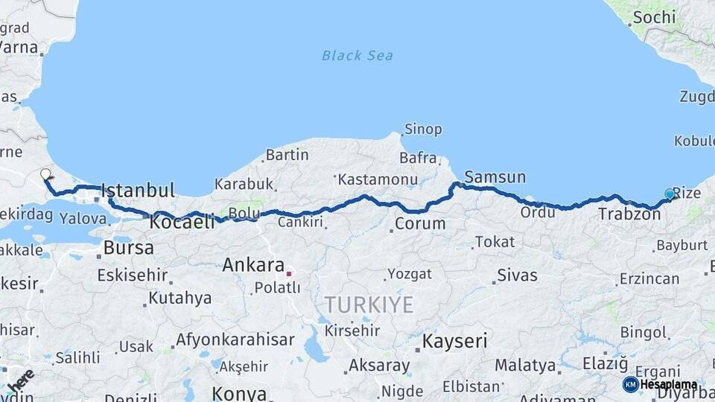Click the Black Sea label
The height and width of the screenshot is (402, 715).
(357, 55)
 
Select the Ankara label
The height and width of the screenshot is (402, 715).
(253, 265)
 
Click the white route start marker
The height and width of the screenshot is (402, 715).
(45, 174)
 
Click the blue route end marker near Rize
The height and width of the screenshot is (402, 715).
(669, 194)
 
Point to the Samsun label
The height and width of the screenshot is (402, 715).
(495, 177)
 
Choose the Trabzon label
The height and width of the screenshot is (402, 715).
(629, 214)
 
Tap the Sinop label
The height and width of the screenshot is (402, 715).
(423, 129)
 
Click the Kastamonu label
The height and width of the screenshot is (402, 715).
(376, 179)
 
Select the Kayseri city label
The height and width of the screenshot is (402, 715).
(454, 342)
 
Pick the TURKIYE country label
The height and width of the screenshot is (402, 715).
(368, 304)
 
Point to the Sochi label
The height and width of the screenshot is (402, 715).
(655, 16)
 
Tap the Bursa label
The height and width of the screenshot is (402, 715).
(128, 247)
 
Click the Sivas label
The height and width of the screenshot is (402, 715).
(517, 275)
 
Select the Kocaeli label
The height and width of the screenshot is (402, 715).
(182, 222)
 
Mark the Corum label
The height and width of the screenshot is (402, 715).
(420, 223)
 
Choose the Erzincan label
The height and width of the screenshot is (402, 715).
(649, 279)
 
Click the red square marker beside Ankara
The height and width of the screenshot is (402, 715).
(289, 274)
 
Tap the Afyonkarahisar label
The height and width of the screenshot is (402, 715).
(235, 340)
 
